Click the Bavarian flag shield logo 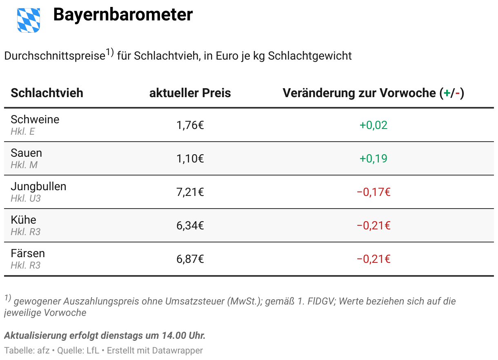pyautogui.click(x=29, y=20)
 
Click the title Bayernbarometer pyautogui.click(x=123, y=15)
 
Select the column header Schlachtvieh pyautogui.click(x=47, y=93)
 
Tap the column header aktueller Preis pyautogui.click(x=190, y=93)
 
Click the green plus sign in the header pyautogui.click(x=447, y=93)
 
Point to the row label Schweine pyautogui.click(x=35, y=120)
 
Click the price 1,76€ pyautogui.click(x=190, y=125)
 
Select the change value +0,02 pyautogui.click(x=373, y=125)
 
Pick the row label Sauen pyautogui.click(x=27, y=153)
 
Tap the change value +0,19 pyautogui.click(x=373, y=159)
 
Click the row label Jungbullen pyautogui.click(x=38, y=187)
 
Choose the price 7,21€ pyautogui.click(x=190, y=192)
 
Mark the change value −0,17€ pyautogui.click(x=373, y=192)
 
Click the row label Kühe pyautogui.click(x=24, y=220)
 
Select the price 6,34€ pyautogui.click(x=190, y=226)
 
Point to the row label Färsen pyautogui.click(x=28, y=253)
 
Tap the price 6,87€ pyautogui.click(x=190, y=259)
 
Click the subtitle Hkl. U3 pyautogui.click(x=26, y=199)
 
